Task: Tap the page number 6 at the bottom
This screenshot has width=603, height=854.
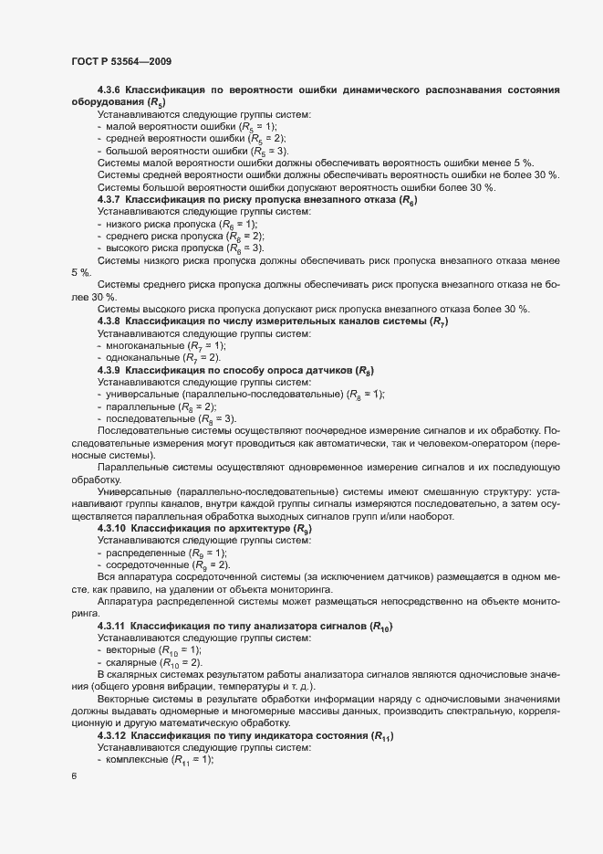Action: [74, 776]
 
